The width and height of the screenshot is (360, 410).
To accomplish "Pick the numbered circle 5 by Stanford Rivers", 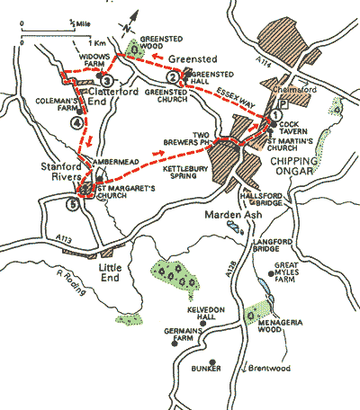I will pyautogui.click(x=72, y=201).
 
